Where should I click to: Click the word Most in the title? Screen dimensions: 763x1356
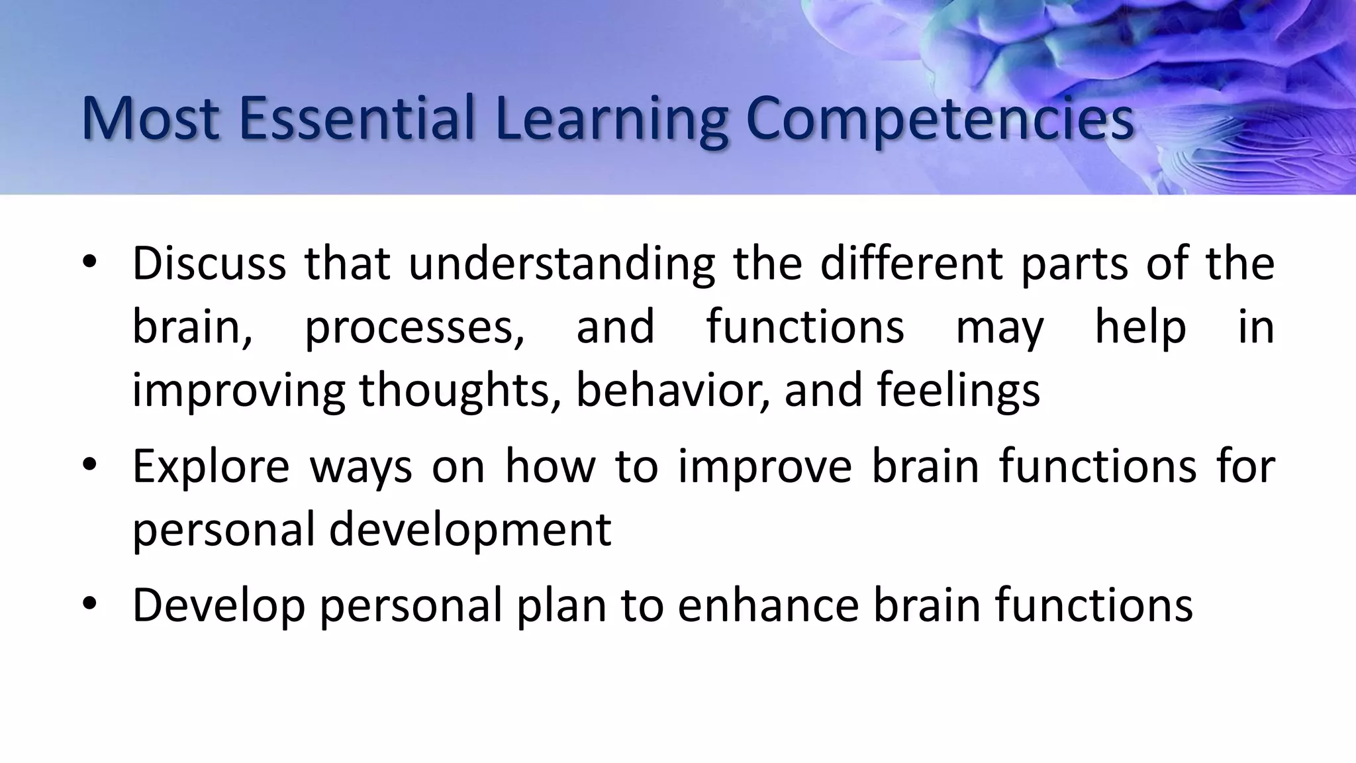pos(150,119)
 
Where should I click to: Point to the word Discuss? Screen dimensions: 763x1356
pos(209,264)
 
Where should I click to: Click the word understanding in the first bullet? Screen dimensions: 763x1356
pos(561,264)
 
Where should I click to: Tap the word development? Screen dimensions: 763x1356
pos(470,530)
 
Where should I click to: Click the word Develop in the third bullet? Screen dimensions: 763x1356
pos(218,605)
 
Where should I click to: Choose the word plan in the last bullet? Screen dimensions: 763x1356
pos(561,605)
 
